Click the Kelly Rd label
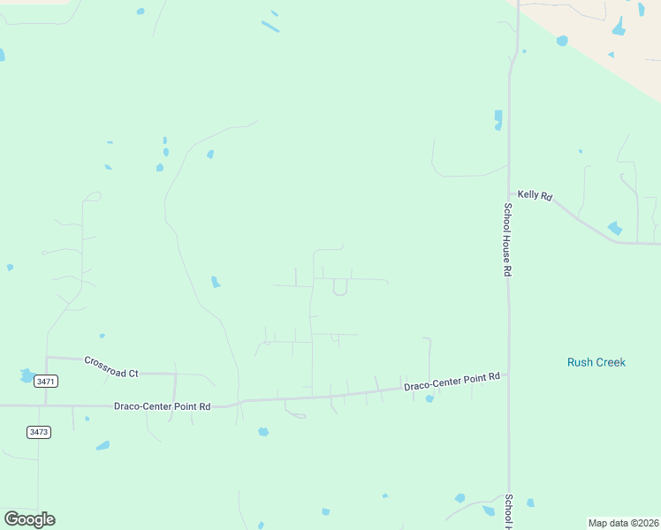click(x=535, y=195)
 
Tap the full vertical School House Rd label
click(x=507, y=240)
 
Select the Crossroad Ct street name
click(x=111, y=367)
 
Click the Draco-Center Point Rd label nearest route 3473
click(x=162, y=406)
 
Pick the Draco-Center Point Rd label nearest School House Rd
click(x=452, y=382)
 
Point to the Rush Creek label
click(x=596, y=362)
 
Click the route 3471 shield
click(x=45, y=382)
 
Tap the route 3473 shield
click(x=38, y=432)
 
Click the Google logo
click(x=29, y=519)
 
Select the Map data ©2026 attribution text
click(x=623, y=523)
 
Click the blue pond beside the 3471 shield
click(x=27, y=375)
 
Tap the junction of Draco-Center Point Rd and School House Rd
click(x=508, y=375)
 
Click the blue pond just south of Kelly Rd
click(x=615, y=228)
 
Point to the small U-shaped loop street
click(x=340, y=288)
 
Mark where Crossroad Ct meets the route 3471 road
click(x=47, y=358)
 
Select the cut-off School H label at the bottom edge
click(x=507, y=511)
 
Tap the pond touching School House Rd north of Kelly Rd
click(x=498, y=119)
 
